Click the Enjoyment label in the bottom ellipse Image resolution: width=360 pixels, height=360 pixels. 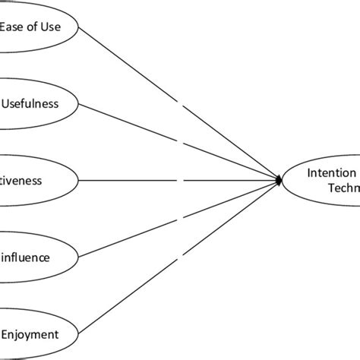[30, 333]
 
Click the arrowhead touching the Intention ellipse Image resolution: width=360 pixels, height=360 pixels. [280, 180]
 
